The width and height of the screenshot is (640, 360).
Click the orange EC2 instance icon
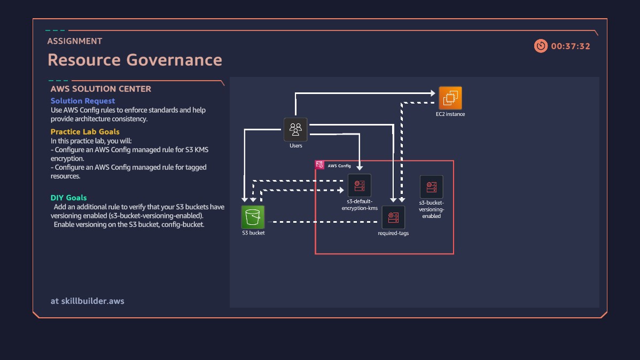pyautogui.click(x=450, y=98)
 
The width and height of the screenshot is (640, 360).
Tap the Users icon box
pyautogui.click(x=295, y=129)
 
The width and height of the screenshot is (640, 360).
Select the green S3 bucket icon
pyautogui.click(x=253, y=217)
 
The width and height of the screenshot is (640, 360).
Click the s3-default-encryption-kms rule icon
pyautogui.click(x=360, y=185)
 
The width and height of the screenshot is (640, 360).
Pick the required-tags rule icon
pyautogui.click(x=393, y=217)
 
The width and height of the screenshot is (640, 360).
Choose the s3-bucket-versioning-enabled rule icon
pyautogui.click(x=432, y=187)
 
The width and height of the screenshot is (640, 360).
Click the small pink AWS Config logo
pyautogui.click(x=319, y=165)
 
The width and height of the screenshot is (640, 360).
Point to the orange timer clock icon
pyautogui.click(x=541, y=46)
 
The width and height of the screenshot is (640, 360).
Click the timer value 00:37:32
pyautogui.click(x=571, y=46)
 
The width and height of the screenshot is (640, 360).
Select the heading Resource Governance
pyautogui.click(x=135, y=60)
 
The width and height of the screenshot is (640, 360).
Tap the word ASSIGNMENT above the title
pyautogui.click(x=75, y=41)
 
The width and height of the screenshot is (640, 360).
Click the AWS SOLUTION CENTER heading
pyautogui.click(x=101, y=89)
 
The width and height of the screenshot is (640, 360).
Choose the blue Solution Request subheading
pyautogui.click(x=83, y=101)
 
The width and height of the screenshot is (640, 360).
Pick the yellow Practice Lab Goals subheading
pyautogui.click(x=85, y=132)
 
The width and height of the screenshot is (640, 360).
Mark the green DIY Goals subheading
pyautogui.click(x=69, y=198)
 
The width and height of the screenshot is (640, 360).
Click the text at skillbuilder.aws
pyautogui.click(x=88, y=301)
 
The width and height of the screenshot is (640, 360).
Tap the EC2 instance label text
pyautogui.click(x=450, y=114)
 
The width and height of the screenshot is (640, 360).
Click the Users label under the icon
pyautogui.click(x=295, y=146)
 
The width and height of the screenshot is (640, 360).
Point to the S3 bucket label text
pyautogui.click(x=253, y=233)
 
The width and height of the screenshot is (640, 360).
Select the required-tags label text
pyautogui.click(x=393, y=233)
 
